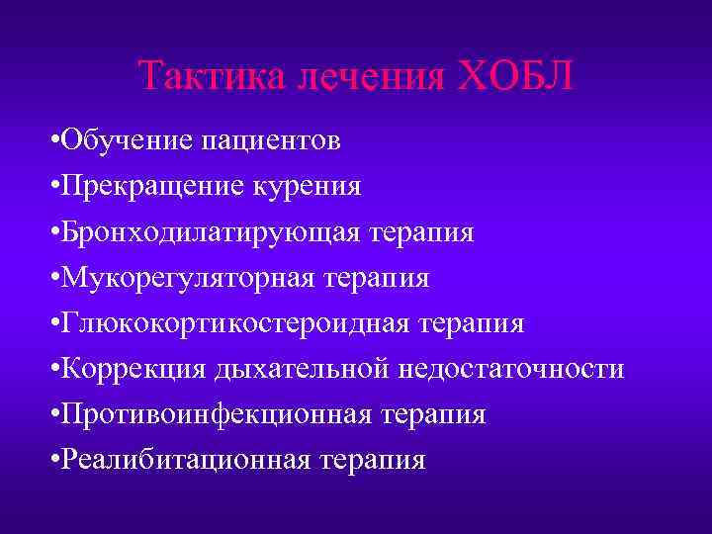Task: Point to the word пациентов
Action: pos(271,141)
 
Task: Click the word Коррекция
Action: pos(130,370)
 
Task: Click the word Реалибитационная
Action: pos(183,461)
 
